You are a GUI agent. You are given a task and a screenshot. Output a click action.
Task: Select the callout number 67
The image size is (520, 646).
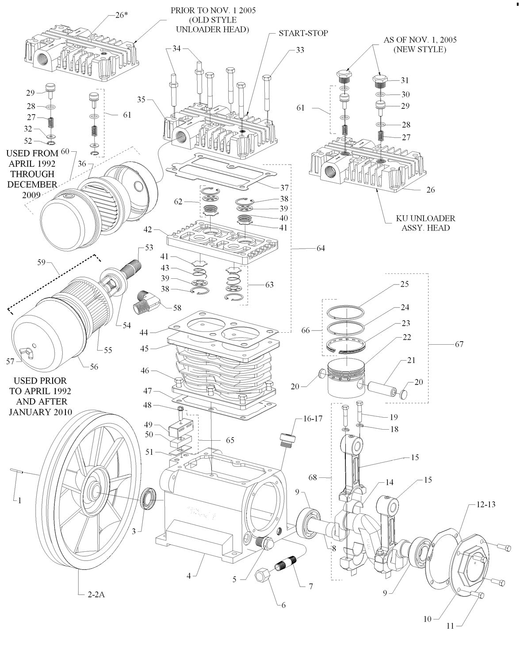[459, 344]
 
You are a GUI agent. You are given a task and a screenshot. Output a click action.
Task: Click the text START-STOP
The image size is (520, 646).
[303, 33]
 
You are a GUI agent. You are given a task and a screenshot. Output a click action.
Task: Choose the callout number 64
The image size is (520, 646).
[320, 248]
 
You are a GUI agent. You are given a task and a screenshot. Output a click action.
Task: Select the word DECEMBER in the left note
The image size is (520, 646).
[32, 184]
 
